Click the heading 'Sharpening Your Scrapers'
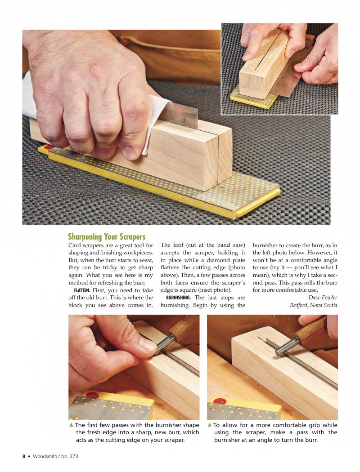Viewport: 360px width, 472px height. click(107, 236)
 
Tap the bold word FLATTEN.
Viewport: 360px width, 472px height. click(82, 290)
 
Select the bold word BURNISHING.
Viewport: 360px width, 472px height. click(178, 298)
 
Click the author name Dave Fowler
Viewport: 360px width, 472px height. click(323, 298)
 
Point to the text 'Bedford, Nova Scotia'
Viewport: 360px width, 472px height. click(313, 305)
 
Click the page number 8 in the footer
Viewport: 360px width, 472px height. click(24, 456)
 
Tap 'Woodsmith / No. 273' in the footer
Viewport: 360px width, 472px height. click(55, 456)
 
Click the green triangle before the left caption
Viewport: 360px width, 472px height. click(72, 425)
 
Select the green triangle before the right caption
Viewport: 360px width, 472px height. click(210, 425)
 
